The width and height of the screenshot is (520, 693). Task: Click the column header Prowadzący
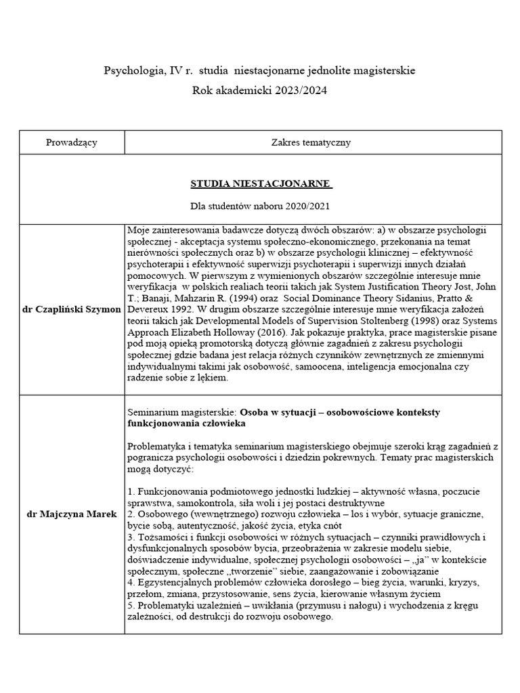pyautogui.click(x=72, y=142)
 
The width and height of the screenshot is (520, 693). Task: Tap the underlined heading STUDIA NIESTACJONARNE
pyautogui.click(x=261, y=183)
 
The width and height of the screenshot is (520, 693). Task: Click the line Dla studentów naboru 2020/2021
pyautogui.click(x=261, y=205)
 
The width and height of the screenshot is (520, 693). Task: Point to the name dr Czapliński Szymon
pyautogui.click(x=72, y=309)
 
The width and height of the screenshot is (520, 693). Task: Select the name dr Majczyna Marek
pyautogui.click(x=72, y=515)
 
